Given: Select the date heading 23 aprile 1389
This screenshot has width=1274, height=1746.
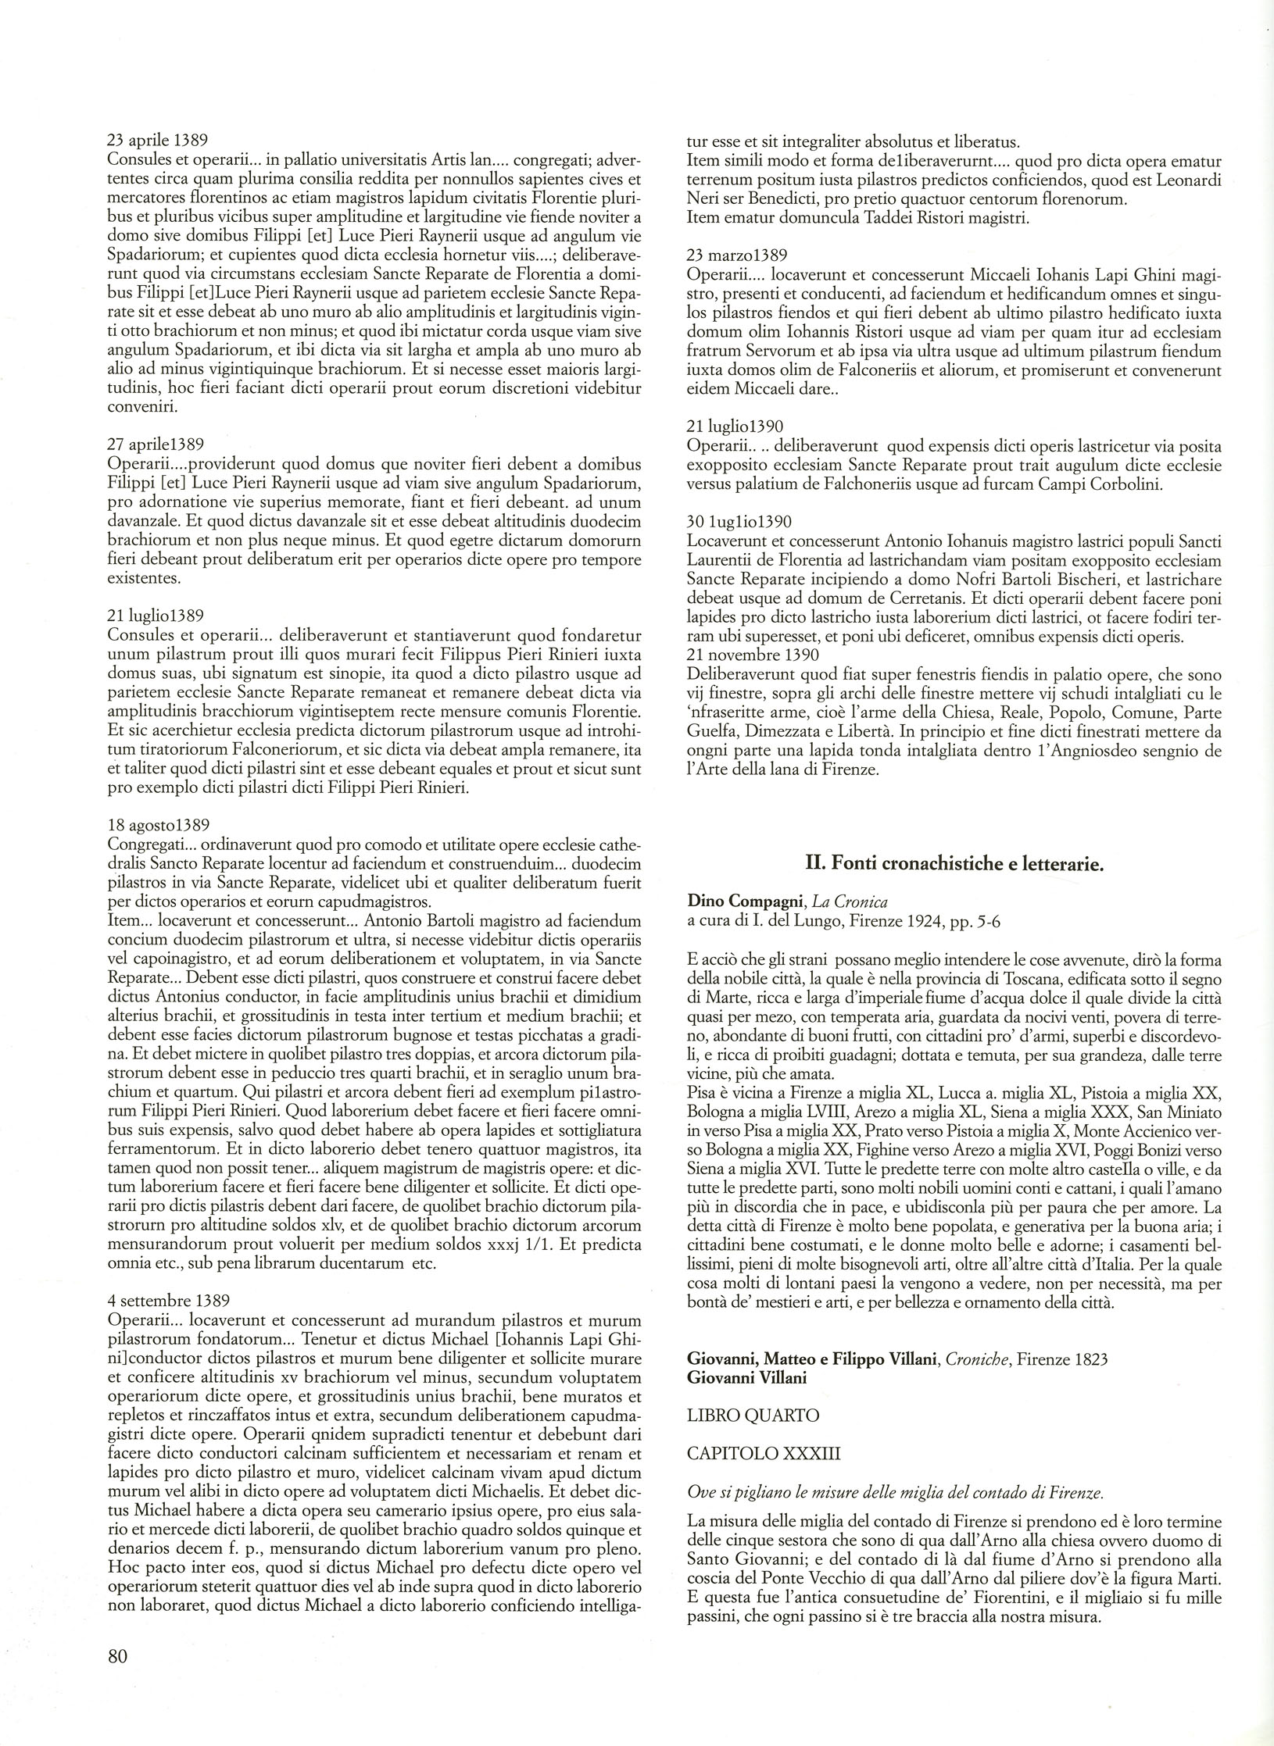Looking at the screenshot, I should pyautogui.click(x=157, y=141).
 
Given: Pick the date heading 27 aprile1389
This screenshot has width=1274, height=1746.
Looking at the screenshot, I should pyautogui.click(x=155, y=445).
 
